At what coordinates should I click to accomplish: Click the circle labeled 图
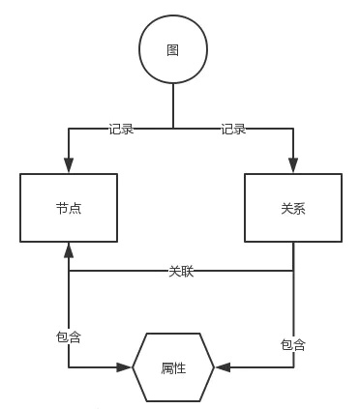tap(173, 50)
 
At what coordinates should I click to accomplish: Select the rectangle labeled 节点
tap(69, 208)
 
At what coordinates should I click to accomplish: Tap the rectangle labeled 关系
tap(292, 208)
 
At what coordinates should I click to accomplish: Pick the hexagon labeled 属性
tap(173, 367)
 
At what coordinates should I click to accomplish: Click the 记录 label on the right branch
tap(233, 129)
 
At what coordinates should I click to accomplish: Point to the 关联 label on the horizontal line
tap(181, 272)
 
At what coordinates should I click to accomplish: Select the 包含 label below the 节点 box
tap(69, 336)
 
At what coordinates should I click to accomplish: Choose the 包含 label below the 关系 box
tap(292, 344)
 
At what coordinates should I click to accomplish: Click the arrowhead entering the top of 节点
tap(69, 166)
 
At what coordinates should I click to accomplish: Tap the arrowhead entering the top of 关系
tap(292, 166)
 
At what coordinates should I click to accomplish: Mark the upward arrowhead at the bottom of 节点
tap(69, 249)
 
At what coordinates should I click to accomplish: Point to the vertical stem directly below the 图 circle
tap(173, 104)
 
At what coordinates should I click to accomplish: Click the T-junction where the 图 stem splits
tap(173, 128)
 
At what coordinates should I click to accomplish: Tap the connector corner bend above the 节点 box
tap(69, 128)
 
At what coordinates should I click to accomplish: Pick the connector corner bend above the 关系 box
tap(292, 128)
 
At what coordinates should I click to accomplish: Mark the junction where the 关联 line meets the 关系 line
tap(292, 272)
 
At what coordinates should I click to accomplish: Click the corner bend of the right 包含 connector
tap(292, 367)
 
